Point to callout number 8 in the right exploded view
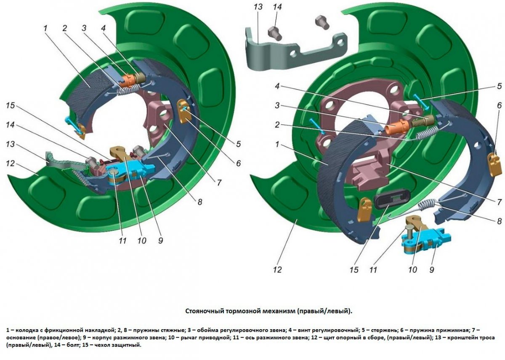499,221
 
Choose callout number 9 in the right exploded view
432,269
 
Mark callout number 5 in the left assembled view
238,144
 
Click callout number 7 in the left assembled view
219,183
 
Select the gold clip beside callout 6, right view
493,160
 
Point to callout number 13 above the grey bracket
258,7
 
